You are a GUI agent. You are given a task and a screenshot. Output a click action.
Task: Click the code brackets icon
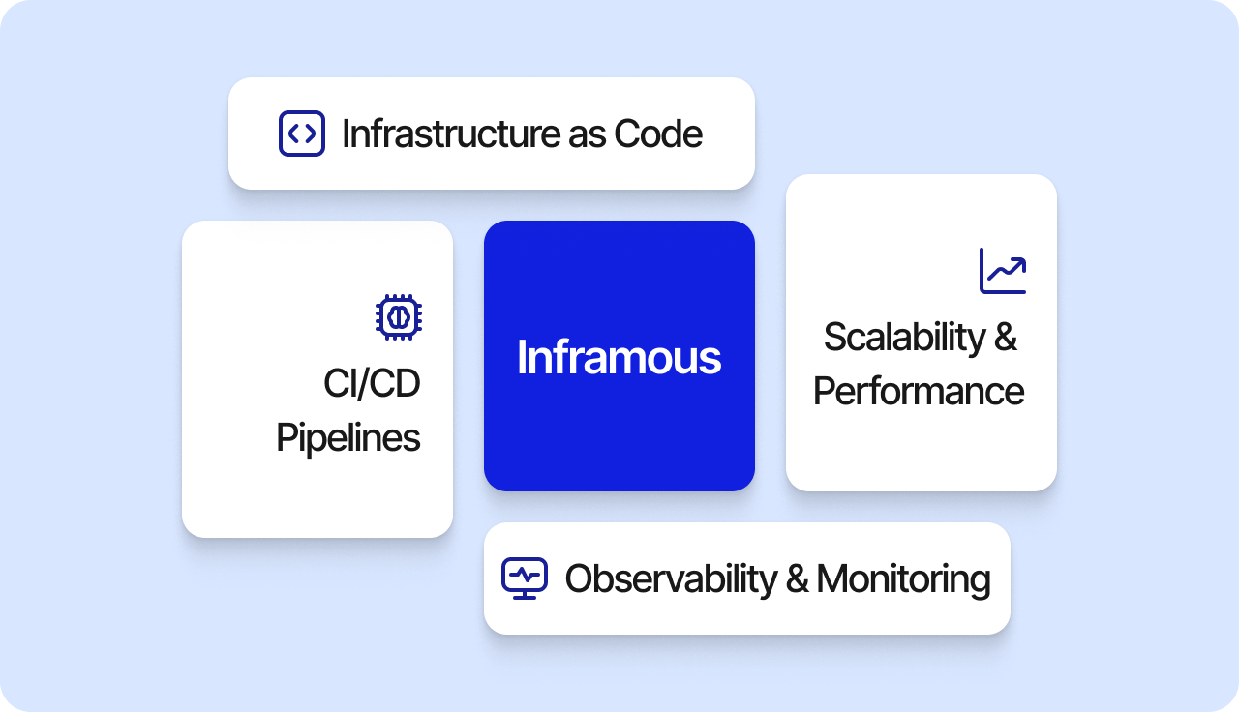pyautogui.click(x=301, y=133)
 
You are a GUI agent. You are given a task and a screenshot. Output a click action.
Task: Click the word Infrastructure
pyautogui.click(x=451, y=133)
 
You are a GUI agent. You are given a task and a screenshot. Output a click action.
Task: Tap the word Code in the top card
pyautogui.click(x=658, y=133)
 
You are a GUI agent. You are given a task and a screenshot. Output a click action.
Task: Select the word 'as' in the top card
pyautogui.click(x=587, y=136)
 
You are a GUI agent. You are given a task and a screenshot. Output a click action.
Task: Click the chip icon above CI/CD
pyautogui.click(x=399, y=316)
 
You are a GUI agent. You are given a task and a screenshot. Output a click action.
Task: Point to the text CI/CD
pyautogui.click(x=372, y=382)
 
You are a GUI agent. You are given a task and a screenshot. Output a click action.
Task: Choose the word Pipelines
pyautogui.click(x=348, y=438)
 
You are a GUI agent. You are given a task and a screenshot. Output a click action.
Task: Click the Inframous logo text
pyautogui.click(x=619, y=357)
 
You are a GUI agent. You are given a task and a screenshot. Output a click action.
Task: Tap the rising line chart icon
pyautogui.click(x=1003, y=271)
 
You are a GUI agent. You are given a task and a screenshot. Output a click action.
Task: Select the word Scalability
pyautogui.click(x=905, y=338)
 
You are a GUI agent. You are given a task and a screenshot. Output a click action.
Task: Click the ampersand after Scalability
pyautogui.click(x=1005, y=336)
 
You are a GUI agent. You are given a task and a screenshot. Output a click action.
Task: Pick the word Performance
pyautogui.click(x=919, y=390)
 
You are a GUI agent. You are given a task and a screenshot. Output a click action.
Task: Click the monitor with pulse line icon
pyautogui.click(x=525, y=578)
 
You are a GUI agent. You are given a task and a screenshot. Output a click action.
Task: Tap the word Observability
pyautogui.click(x=672, y=579)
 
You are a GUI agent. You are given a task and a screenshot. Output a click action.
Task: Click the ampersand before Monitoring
pyautogui.click(x=797, y=578)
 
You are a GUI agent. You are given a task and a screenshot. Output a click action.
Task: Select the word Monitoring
pyautogui.click(x=903, y=579)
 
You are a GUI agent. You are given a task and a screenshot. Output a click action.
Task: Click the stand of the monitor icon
pyautogui.click(x=525, y=594)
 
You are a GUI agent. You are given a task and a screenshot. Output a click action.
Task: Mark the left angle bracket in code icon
pyautogui.click(x=293, y=133)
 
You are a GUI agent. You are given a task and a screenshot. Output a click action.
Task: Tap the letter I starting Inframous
pyautogui.click(x=521, y=357)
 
